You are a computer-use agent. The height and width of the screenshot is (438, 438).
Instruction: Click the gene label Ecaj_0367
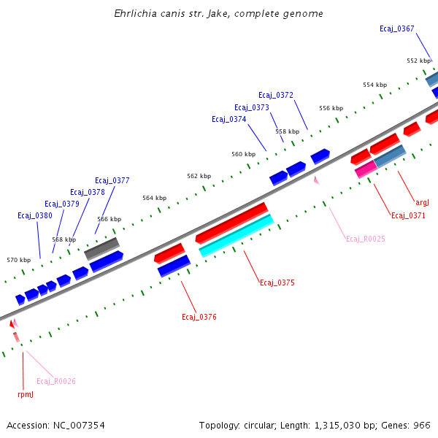coord(396,29)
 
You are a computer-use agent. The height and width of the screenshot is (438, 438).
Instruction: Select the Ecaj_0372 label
coord(276,96)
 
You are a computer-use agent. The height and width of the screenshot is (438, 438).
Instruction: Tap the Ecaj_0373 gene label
coord(252,108)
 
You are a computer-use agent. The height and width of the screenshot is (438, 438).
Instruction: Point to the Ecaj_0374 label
coord(229,120)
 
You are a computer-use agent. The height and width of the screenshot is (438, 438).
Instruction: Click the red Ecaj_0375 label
coord(277,283)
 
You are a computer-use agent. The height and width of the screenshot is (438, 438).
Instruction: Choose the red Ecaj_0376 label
coord(199,317)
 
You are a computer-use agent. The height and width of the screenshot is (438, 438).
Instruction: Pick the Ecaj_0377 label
coord(112,180)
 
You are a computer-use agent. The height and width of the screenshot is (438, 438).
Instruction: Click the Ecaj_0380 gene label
coord(35,216)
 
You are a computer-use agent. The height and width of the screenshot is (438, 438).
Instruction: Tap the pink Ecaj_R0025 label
coord(366,239)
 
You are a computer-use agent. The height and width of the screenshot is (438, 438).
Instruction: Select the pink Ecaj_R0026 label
coord(56,381)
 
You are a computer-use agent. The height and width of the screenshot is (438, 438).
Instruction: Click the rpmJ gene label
coord(26,394)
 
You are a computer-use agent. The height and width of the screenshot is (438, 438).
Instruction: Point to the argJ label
coord(423,202)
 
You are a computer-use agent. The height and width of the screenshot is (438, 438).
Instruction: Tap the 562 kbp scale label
coord(199,177)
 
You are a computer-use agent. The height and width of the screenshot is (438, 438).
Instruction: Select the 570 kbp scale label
coord(19,260)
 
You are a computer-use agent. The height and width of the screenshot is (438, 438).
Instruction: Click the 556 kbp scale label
coord(331,108)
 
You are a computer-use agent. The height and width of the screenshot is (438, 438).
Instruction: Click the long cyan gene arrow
coord(237,234)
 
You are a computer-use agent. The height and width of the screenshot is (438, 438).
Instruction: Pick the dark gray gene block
coord(101,248)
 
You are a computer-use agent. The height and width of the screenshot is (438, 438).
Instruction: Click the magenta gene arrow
coord(366,169)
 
